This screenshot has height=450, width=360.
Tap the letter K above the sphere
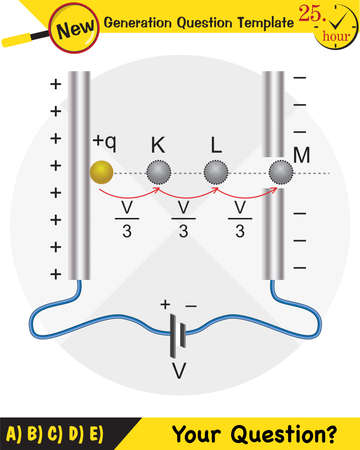click(158, 145)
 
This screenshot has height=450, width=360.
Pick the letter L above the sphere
click(216, 145)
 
